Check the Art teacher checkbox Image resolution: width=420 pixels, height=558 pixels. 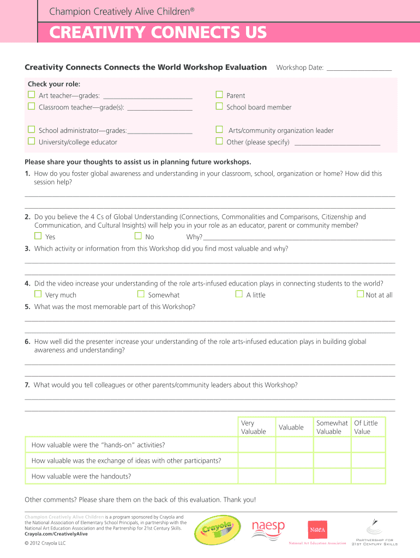coord(31,95)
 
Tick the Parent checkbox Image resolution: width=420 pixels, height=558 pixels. coord(219,95)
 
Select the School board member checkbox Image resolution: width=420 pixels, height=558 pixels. coord(219,107)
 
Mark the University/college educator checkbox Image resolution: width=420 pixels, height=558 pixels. coord(31,142)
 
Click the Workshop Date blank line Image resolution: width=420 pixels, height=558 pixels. coord(359,69)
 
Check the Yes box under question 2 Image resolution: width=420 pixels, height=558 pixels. coord(38,236)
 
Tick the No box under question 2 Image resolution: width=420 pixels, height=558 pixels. coord(138,236)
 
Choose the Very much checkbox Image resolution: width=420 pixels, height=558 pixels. coord(38,294)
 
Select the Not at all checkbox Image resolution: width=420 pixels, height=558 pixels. coord(360,294)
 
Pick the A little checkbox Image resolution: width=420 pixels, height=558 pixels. coord(239,294)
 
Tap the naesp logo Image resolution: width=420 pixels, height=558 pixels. coord(268,528)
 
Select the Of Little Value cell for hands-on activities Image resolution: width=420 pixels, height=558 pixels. coord(368,445)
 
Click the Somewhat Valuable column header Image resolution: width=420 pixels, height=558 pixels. coord(332,427)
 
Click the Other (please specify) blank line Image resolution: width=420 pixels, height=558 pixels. coord(337,144)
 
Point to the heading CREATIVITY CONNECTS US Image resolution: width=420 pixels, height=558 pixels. coord(158,33)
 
